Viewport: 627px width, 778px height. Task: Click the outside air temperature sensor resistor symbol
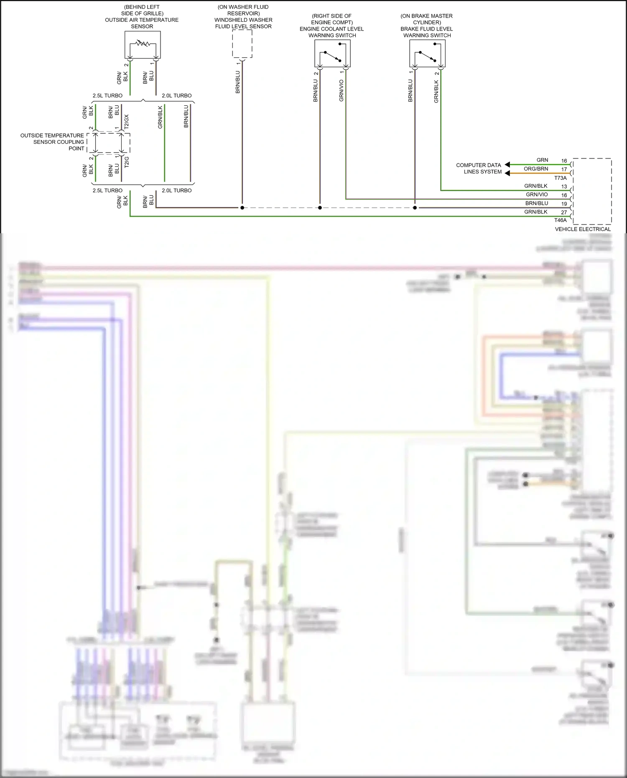(143, 43)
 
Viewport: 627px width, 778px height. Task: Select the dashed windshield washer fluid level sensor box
(242, 44)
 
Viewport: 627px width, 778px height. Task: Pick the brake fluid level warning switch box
(427, 54)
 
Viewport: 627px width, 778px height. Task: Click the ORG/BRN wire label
(536, 169)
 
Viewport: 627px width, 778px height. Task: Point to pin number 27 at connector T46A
(564, 212)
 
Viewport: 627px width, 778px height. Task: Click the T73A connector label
(560, 178)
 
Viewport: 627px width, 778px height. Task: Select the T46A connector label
(560, 220)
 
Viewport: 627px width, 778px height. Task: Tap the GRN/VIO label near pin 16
(537, 195)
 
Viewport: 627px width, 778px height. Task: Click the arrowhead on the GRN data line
(507, 165)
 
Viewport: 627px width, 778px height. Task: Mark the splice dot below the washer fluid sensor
(242, 208)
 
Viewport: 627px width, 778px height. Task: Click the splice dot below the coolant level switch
(320, 208)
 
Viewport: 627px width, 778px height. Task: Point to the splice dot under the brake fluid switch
(415, 208)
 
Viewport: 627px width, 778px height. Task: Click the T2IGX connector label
(127, 122)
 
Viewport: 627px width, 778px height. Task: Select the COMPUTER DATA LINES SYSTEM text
(479, 168)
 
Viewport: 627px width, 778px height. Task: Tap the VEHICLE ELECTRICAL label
(583, 229)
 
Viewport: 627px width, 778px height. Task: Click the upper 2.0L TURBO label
(176, 96)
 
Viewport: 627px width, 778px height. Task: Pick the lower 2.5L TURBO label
(107, 191)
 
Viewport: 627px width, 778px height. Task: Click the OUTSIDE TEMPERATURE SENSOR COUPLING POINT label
(52, 142)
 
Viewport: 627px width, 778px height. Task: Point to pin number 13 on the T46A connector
(564, 186)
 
